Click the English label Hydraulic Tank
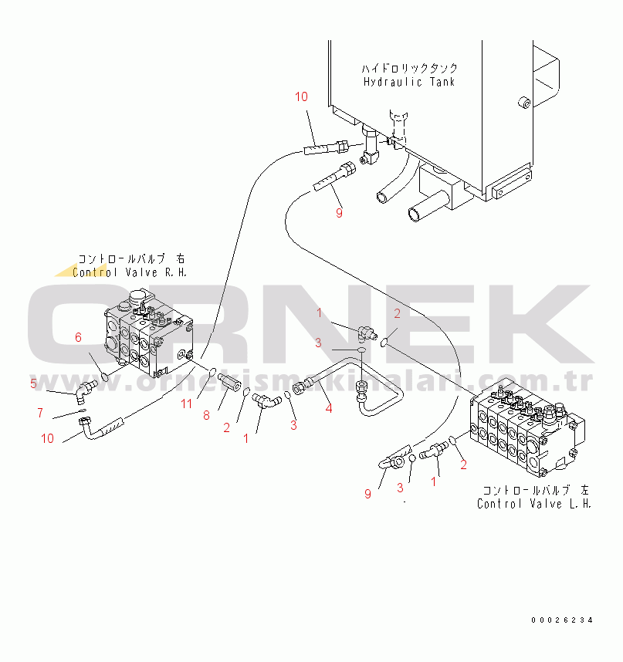409,82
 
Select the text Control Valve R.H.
130,272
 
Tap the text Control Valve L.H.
534,504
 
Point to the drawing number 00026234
562,620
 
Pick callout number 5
33,383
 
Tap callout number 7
39,413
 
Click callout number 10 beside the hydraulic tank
301,96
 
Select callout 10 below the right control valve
48,438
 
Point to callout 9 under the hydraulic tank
339,213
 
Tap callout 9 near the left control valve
367,494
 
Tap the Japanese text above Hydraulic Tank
409,68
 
